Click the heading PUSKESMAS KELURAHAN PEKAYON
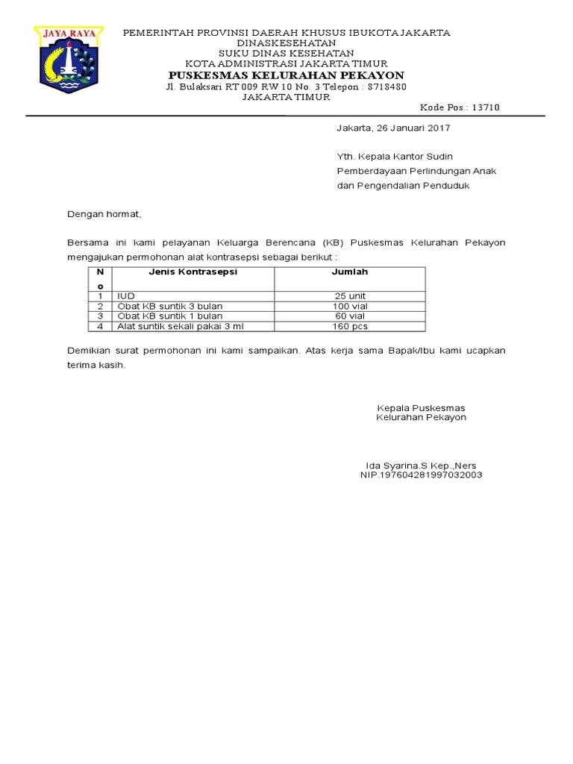tap(286, 75)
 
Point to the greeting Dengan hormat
tap(104, 214)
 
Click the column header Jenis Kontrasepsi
tap(192, 272)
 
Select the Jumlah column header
tap(349, 272)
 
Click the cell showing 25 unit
tap(350, 296)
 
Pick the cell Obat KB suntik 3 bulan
tap(169, 306)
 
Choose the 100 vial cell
tap(350, 306)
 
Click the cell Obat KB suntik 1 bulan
tap(169, 316)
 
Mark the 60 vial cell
tap(350, 316)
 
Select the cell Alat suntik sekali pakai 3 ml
tap(180, 326)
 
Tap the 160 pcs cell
tap(350, 326)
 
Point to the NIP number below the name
tap(421, 475)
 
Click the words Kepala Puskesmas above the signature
tap(421, 407)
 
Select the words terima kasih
tap(96, 366)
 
